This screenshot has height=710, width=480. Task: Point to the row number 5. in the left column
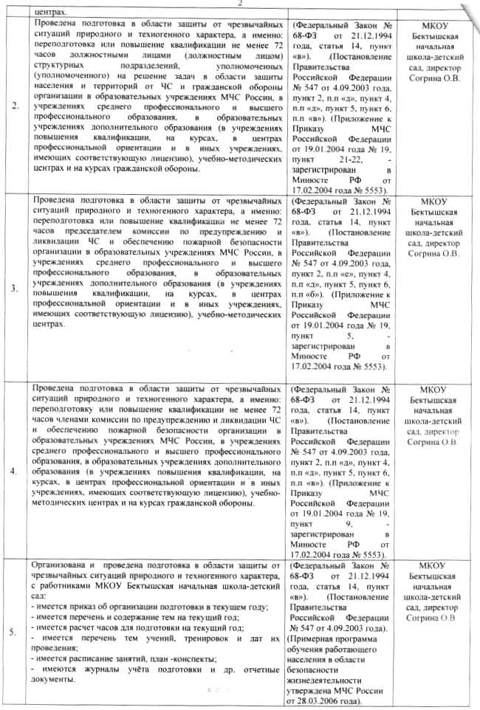coord(16,630)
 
